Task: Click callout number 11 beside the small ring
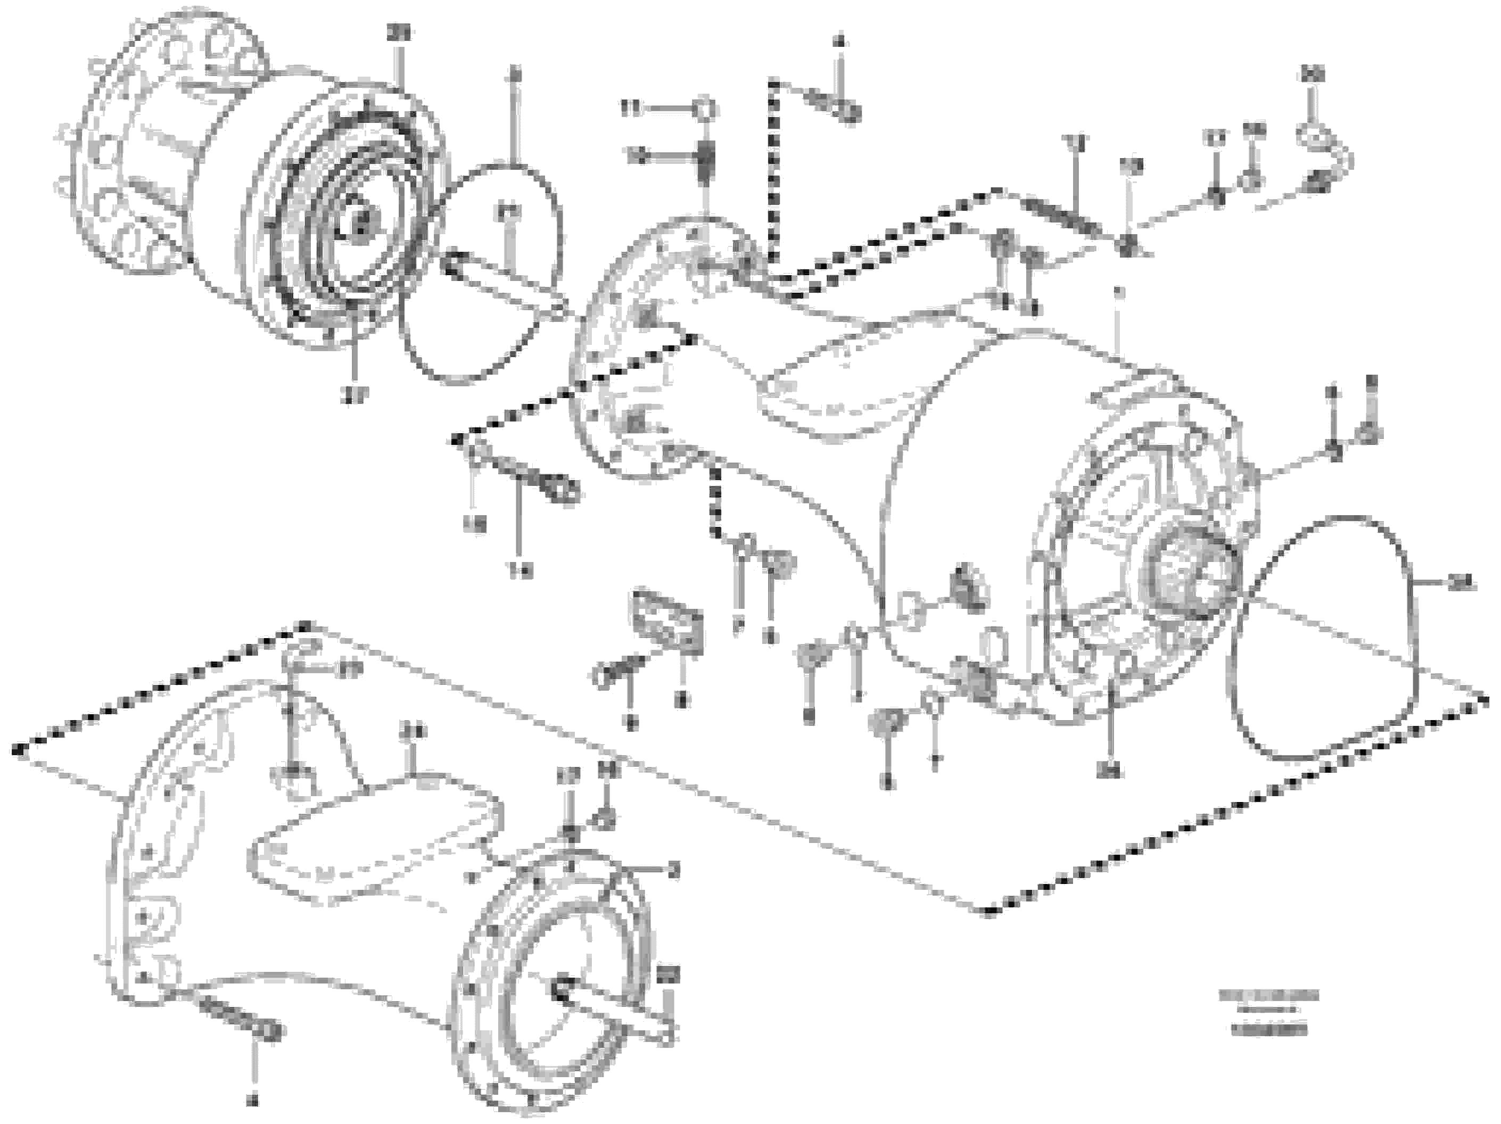point(631,109)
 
